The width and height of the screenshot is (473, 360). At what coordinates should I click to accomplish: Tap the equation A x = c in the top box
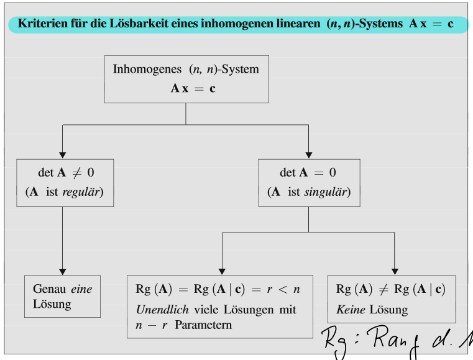click(x=193, y=88)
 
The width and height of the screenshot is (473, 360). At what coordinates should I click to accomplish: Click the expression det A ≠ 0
click(x=66, y=172)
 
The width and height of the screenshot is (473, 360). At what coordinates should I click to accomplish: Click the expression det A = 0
click(x=308, y=172)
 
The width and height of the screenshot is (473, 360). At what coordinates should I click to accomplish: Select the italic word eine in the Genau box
click(x=81, y=289)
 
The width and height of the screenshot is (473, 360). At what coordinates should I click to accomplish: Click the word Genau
click(x=50, y=289)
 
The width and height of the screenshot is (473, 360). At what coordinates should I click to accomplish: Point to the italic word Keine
click(x=349, y=309)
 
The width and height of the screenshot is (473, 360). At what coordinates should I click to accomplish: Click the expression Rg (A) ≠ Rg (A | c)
click(x=390, y=289)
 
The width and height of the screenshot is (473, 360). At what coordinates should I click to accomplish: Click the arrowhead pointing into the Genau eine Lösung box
click(x=62, y=270)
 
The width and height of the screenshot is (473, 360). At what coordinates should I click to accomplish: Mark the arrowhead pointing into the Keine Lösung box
click(x=395, y=270)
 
